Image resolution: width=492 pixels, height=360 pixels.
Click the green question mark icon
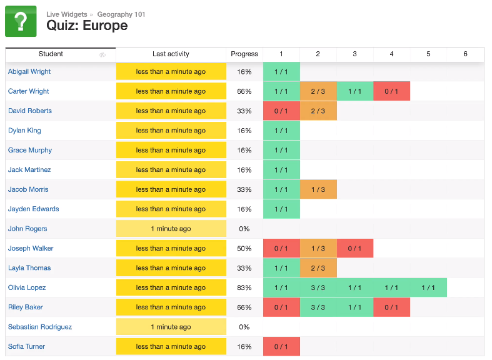[21, 21]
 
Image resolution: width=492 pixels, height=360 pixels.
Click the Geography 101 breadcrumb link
[121, 14]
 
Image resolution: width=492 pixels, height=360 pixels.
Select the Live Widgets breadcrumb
[67, 14]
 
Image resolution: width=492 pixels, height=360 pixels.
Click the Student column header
[51, 54]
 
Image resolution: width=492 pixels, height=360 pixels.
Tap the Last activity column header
[171, 54]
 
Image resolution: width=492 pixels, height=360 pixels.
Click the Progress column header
[244, 54]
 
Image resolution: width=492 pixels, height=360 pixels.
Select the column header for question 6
[465, 54]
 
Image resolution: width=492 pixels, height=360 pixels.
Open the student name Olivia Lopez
[27, 287]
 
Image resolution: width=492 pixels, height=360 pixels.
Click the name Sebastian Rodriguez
[40, 327]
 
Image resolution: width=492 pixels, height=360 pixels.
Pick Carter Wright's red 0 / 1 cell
[391, 91]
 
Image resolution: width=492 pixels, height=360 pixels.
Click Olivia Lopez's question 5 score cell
[428, 287]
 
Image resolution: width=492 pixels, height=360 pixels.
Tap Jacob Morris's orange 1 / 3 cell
[318, 189]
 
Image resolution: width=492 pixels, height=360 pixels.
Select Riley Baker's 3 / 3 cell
[318, 307]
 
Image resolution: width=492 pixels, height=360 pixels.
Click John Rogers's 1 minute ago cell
[171, 229]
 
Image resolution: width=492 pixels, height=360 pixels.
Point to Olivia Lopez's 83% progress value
[244, 287]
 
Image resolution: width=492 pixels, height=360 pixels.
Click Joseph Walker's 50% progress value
[244, 249]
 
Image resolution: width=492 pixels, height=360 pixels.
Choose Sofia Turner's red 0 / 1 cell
[281, 347]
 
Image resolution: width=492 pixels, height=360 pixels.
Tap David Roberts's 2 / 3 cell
[318, 111]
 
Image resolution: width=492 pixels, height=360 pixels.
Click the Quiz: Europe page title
[87, 26]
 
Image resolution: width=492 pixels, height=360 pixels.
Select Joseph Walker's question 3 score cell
[354, 249]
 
